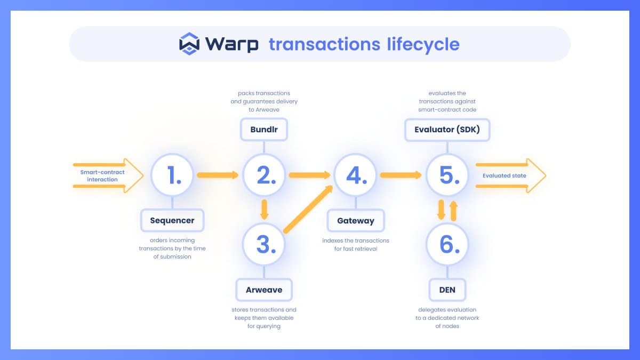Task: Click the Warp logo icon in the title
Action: pyautogui.click(x=189, y=44)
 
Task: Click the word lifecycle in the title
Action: pyautogui.click(x=423, y=45)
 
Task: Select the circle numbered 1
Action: pyautogui.click(x=172, y=175)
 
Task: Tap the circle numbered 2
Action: pyautogui.click(x=264, y=175)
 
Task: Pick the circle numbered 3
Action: pyautogui.click(x=264, y=244)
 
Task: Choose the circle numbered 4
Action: pyautogui.click(x=355, y=175)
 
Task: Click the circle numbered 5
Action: pyautogui.click(x=447, y=175)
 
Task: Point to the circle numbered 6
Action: pyautogui.click(x=447, y=244)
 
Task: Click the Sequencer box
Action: pyautogui.click(x=172, y=220)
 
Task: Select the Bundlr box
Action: pyautogui.click(x=264, y=130)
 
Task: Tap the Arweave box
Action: pyautogui.click(x=264, y=290)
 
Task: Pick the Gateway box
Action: pyautogui.click(x=356, y=221)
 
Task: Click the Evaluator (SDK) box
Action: pyautogui.click(x=447, y=130)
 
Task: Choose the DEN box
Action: pyautogui.click(x=447, y=290)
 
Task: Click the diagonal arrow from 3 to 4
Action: pyautogui.click(x=308, y=210)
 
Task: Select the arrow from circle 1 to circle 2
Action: pyautogui.click(x=218, y=175)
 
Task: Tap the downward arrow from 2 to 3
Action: pyautogui.click(x=265, y=210)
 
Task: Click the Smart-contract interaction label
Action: pyautogui.click(x=102, y=175)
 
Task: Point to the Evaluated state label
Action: pyautogui.click(x=505, y=175)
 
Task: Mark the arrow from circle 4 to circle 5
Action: pyautogui.click(x=401, y=175)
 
